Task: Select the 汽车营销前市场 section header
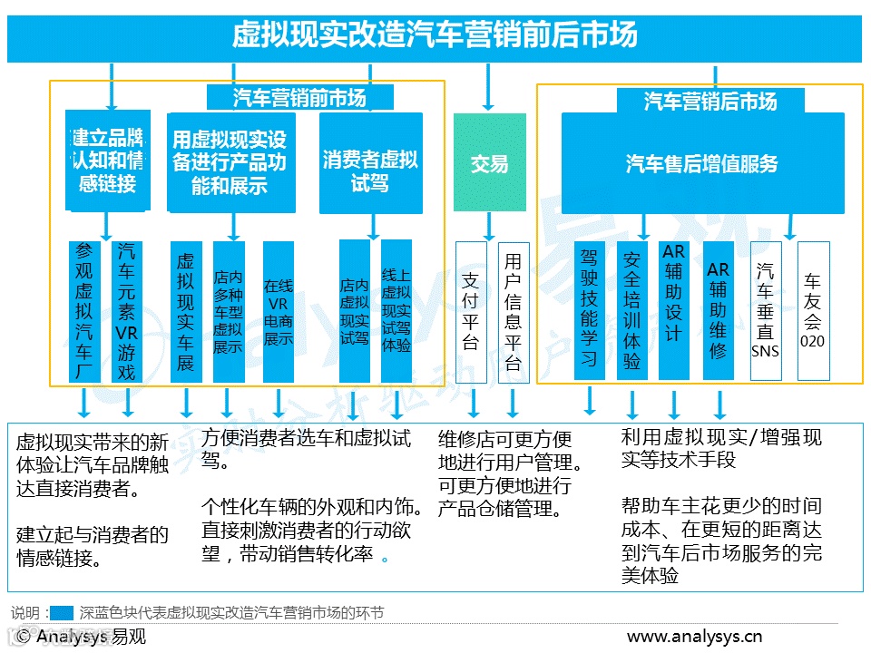pyautogui.click(x=299, y=97)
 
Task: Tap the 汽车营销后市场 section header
pyautogui.click(x=710, y=101)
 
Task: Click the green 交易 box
pyautogui.click(x=489, y=162)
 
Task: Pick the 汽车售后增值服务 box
pyautogui.click(x=702, y=163)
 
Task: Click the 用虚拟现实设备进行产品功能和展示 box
pyautogui.click(x=231, y=162)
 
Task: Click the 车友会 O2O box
pyautogui.click(x=813, y=310)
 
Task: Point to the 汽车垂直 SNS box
pyautogui.click(x=766, y=310)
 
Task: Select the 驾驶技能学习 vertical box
pyautogui.click(x=589, y=310)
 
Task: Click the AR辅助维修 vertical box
pyautogui.click(x=719, y=310)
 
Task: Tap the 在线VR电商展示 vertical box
pyautogui.click(x=279, y=311)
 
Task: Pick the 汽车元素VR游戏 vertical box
pyautogui.click(x=126, y=311)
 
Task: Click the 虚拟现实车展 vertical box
pyautogui.click(x=186, y=311)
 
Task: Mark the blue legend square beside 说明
pyautogui.click(x=62, y=613)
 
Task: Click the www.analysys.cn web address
pyautogui.click(x=694, y=637)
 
